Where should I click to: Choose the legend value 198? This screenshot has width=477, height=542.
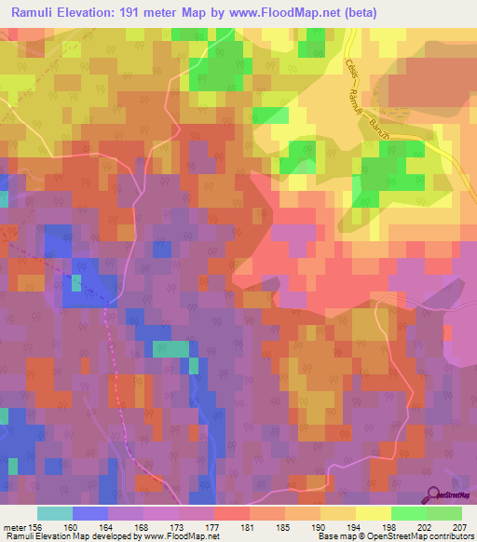point(391,527)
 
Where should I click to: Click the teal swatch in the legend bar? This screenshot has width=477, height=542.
point(55,513)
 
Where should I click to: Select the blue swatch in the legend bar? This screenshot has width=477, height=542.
point(90,513)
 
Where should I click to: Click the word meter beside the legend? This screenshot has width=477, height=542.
point(13,527)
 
